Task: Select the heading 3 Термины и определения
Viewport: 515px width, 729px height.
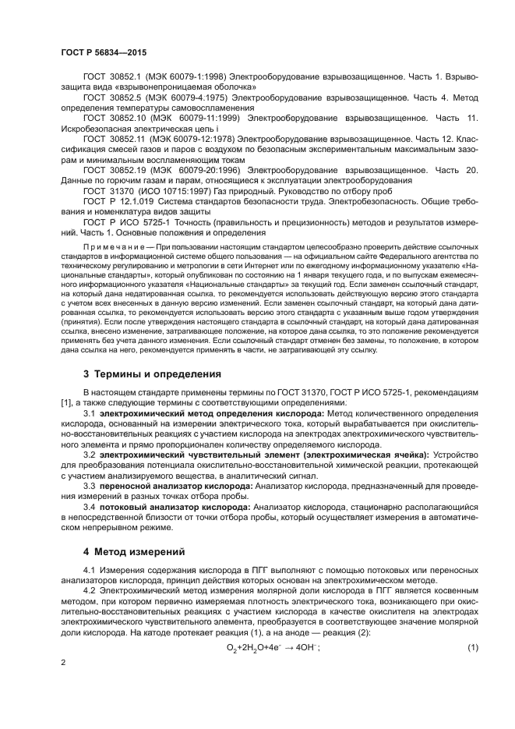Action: [x=152, y=374]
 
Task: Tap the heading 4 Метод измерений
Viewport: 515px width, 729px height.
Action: [x=134, y=551]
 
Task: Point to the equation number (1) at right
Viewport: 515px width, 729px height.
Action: [x=472, y=649]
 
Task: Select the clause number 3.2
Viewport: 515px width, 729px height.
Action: [x=89, y=454]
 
